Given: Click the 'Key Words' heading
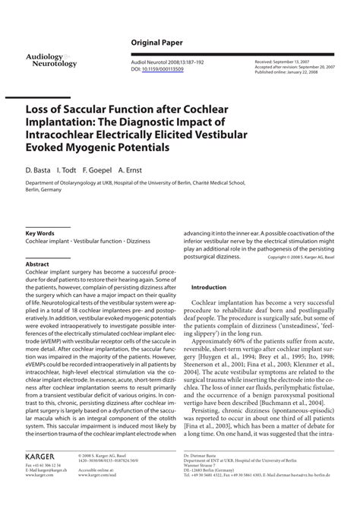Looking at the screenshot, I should [x=39, y=232].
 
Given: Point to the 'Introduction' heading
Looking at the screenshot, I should [x=209, y=288].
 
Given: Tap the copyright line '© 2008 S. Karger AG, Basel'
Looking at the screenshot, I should [x=307, y=257].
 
